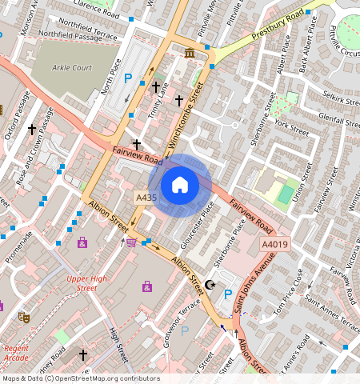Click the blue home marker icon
180,186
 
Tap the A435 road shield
146,197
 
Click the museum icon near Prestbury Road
190,53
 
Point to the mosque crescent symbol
211,284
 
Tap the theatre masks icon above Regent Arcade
25,317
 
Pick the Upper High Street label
87,283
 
